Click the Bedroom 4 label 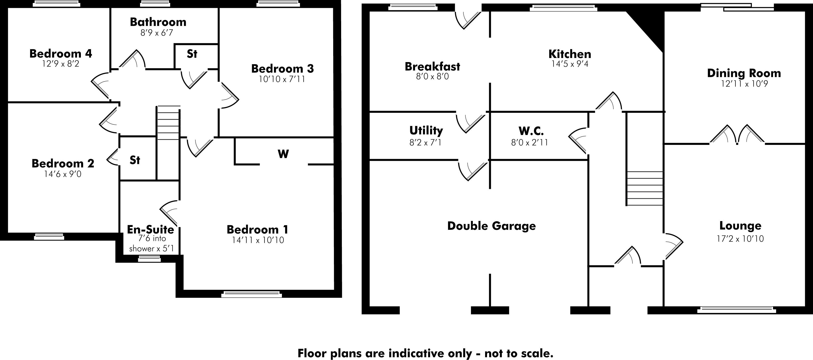[61, 54]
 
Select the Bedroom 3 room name [282, 69]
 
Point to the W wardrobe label [283, 154]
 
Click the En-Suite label [150, 229]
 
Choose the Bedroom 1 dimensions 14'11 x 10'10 [258, 240]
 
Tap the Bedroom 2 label [63, 163]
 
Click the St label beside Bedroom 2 [135, 160]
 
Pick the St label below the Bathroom [192, 54]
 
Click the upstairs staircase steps [168, 123]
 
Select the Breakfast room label [432, 67]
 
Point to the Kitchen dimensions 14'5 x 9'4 [570, 64]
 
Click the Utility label [426, 130]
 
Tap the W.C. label [531, 131]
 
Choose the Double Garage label [491, 226]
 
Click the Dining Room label [744, 73]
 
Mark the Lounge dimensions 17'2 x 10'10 [740, 238]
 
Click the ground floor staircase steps [644, 188]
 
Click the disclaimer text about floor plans [425, 353]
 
